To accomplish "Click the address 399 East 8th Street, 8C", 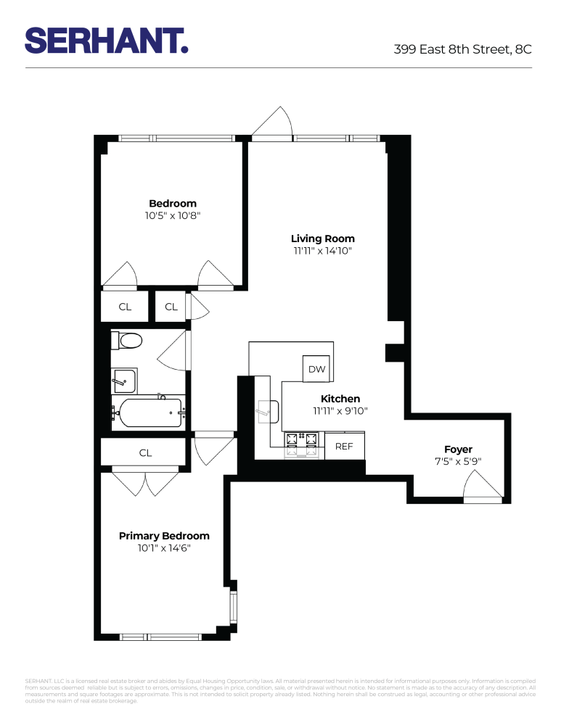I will click(x=462, y=49).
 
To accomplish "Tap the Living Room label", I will click(x=322, y=239).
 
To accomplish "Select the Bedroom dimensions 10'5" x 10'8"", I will click(x=173, y=215).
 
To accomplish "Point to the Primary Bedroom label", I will click(x=164, y=536).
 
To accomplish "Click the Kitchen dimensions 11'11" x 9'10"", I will click(x=340, y=411).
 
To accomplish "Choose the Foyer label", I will click(x=458, y=449).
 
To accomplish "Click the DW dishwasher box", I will click(x=316, y=369).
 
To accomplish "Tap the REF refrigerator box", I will click(x=344, y=447).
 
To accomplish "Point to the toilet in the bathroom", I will click(x=128, y=340).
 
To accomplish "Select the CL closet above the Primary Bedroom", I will click(x=145, y=452).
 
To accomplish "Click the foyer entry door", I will click(x=482, y=486).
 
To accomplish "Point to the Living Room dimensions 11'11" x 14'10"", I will click(x=322, y=252).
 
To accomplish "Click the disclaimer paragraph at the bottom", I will click(x=280, y=691).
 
